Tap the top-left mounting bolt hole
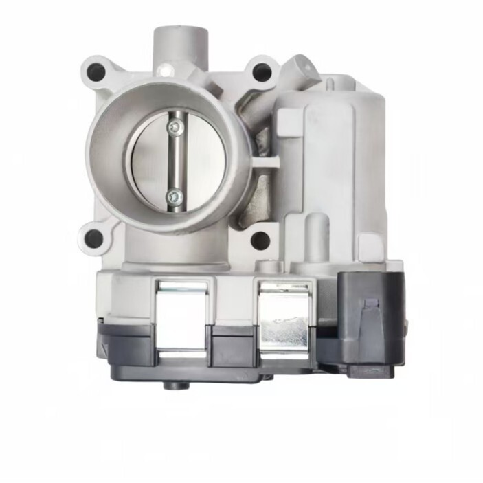coord(96,71)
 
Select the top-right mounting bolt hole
coord(260,71)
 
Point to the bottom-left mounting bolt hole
coord(93,238)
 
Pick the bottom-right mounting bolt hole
coord(260,240)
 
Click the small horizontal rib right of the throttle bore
coord(265,163)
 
